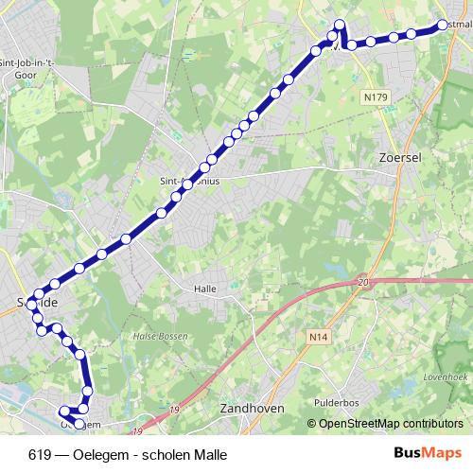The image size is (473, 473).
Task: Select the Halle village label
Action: (205, 288)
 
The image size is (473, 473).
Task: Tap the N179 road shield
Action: (375, 96)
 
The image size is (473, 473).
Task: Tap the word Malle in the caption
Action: (211, 454)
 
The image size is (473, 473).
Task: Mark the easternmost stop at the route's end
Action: (442, 26)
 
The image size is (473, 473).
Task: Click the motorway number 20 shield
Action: (362, 282)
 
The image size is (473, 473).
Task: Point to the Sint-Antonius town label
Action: (189, 176)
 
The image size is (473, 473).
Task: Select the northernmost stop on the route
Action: (340, 23)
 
